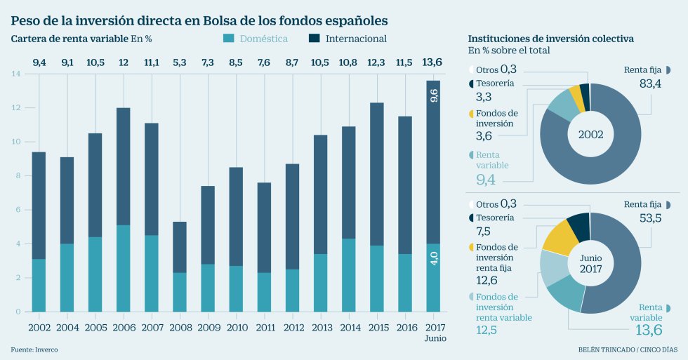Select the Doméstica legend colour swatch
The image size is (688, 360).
[x=228, y=39]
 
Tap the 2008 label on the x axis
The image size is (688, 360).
[x=180, y=327]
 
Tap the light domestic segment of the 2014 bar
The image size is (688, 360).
[x=349, y=275]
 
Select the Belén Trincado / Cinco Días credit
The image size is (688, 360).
[x=628, y=349]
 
